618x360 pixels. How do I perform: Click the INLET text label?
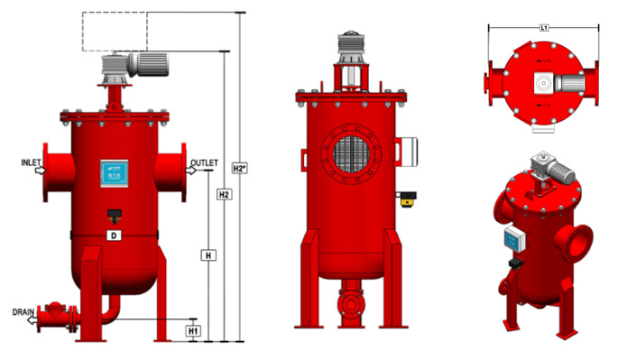(x=31, y=162)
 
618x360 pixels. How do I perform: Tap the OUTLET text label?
(x=204, y=162)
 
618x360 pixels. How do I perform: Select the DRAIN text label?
(x=23, y=312)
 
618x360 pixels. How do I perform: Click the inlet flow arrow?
(x=41, y=171)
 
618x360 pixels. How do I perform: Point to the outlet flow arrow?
(x=190, y=171)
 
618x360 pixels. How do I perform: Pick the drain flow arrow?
(x=32, y=319)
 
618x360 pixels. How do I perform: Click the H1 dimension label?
(x=193, y=331)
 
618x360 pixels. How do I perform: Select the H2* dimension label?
(x=240, y=169)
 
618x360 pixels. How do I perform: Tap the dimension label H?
(x=208, y=255)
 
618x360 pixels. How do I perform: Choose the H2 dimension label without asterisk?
(x=224, y=194)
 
